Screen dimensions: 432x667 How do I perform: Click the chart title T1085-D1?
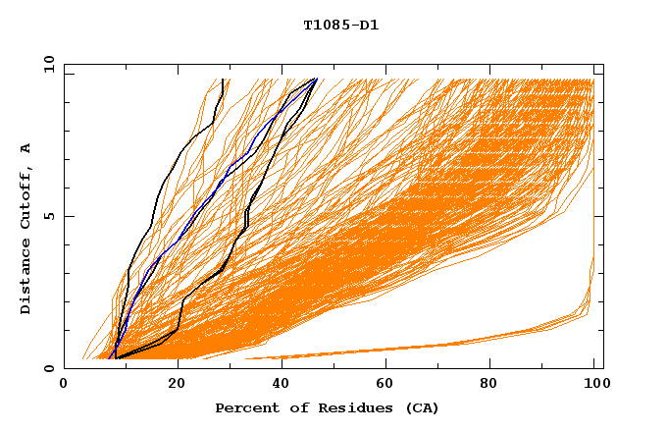(x=340, y=25)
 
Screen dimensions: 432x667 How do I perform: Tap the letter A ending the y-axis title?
(x=26, y=148)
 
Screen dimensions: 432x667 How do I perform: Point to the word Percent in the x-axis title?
(x=247, y=407)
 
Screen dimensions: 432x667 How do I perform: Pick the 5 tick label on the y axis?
(x=47, y=216)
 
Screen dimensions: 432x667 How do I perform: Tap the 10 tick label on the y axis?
(x=44, y=64)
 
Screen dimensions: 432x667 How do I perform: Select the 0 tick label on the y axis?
(x=47, y=368)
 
